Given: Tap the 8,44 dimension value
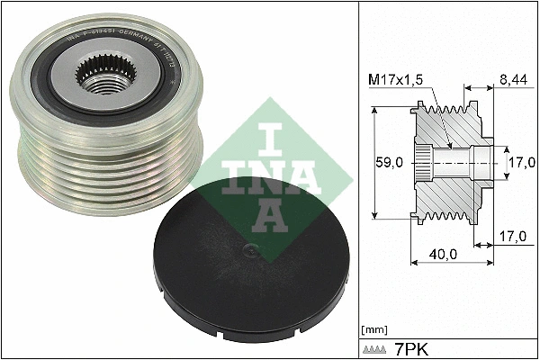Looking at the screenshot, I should [512, 79].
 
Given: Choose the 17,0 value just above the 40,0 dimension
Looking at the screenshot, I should [513, 236].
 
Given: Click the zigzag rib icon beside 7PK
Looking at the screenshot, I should [376, 347].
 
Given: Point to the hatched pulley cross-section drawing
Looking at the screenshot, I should [450, 162].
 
